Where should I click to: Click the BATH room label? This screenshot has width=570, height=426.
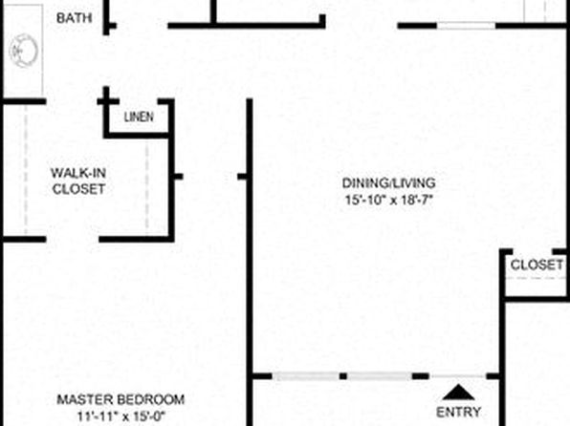point(75,18)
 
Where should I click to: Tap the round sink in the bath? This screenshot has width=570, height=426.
point(24,51)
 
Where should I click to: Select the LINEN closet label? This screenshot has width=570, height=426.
point(139,117)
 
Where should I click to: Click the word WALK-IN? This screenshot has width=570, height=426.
point(78,173)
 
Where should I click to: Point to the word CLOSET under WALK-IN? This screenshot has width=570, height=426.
point(78,189)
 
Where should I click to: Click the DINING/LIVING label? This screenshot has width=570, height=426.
point(389,182)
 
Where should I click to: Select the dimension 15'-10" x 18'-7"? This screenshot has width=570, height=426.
point(389,200)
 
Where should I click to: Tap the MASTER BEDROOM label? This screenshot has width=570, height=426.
point(121,399)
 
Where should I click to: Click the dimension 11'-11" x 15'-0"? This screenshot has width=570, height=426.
point(121,415)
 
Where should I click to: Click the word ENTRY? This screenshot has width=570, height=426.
point(458,412)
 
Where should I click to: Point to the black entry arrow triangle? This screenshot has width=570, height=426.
point(458,393)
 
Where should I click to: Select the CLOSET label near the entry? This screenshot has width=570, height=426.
point(537,265)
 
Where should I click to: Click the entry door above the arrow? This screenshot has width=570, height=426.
point(458,376)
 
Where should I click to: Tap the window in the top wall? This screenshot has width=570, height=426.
point(466,26)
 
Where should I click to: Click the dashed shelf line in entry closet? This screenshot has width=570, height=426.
point(537,279)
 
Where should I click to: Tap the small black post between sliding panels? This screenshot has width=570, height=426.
point(343,376)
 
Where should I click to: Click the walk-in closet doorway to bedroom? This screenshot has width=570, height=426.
point(73,240)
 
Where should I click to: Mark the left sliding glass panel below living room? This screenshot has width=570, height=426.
point(306,376)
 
